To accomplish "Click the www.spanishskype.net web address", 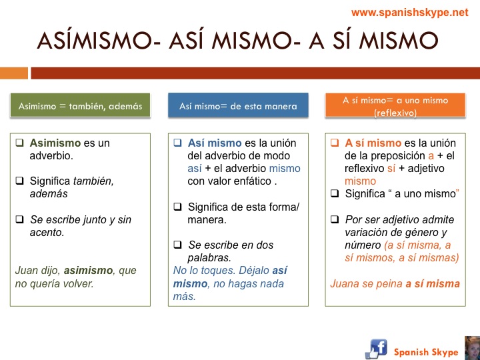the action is pyautogui.click(x=409, y=13).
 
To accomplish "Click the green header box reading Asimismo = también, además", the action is pyautogui.click(x=80, y=105).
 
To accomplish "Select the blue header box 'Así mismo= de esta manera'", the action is pyautogui.click(x=238, y=105).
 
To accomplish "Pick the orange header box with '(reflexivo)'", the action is pyautogui.click(x=395, y=105).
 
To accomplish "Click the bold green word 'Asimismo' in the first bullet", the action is pyautogui.click(x=55, y=143).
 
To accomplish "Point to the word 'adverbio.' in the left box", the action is pyautogui.click(x=51, y=156).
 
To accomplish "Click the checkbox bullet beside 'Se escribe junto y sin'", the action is pyautogui.click(x=19, y=219).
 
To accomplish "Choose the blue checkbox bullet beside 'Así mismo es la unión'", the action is pyautogui.click(x=177, y=143).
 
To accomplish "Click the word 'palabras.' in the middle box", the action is pyautogui.click(x=209, y=258).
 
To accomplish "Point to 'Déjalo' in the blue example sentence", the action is pyautogui.click(x=254, y=271).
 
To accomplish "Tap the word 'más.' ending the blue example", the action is pyautogui.click(x=184, y=296).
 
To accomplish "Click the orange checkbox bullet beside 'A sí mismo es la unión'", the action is pyautogui.click(x=335, y=143).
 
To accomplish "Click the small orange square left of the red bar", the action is pyautogui.click(x=14, y=73).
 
